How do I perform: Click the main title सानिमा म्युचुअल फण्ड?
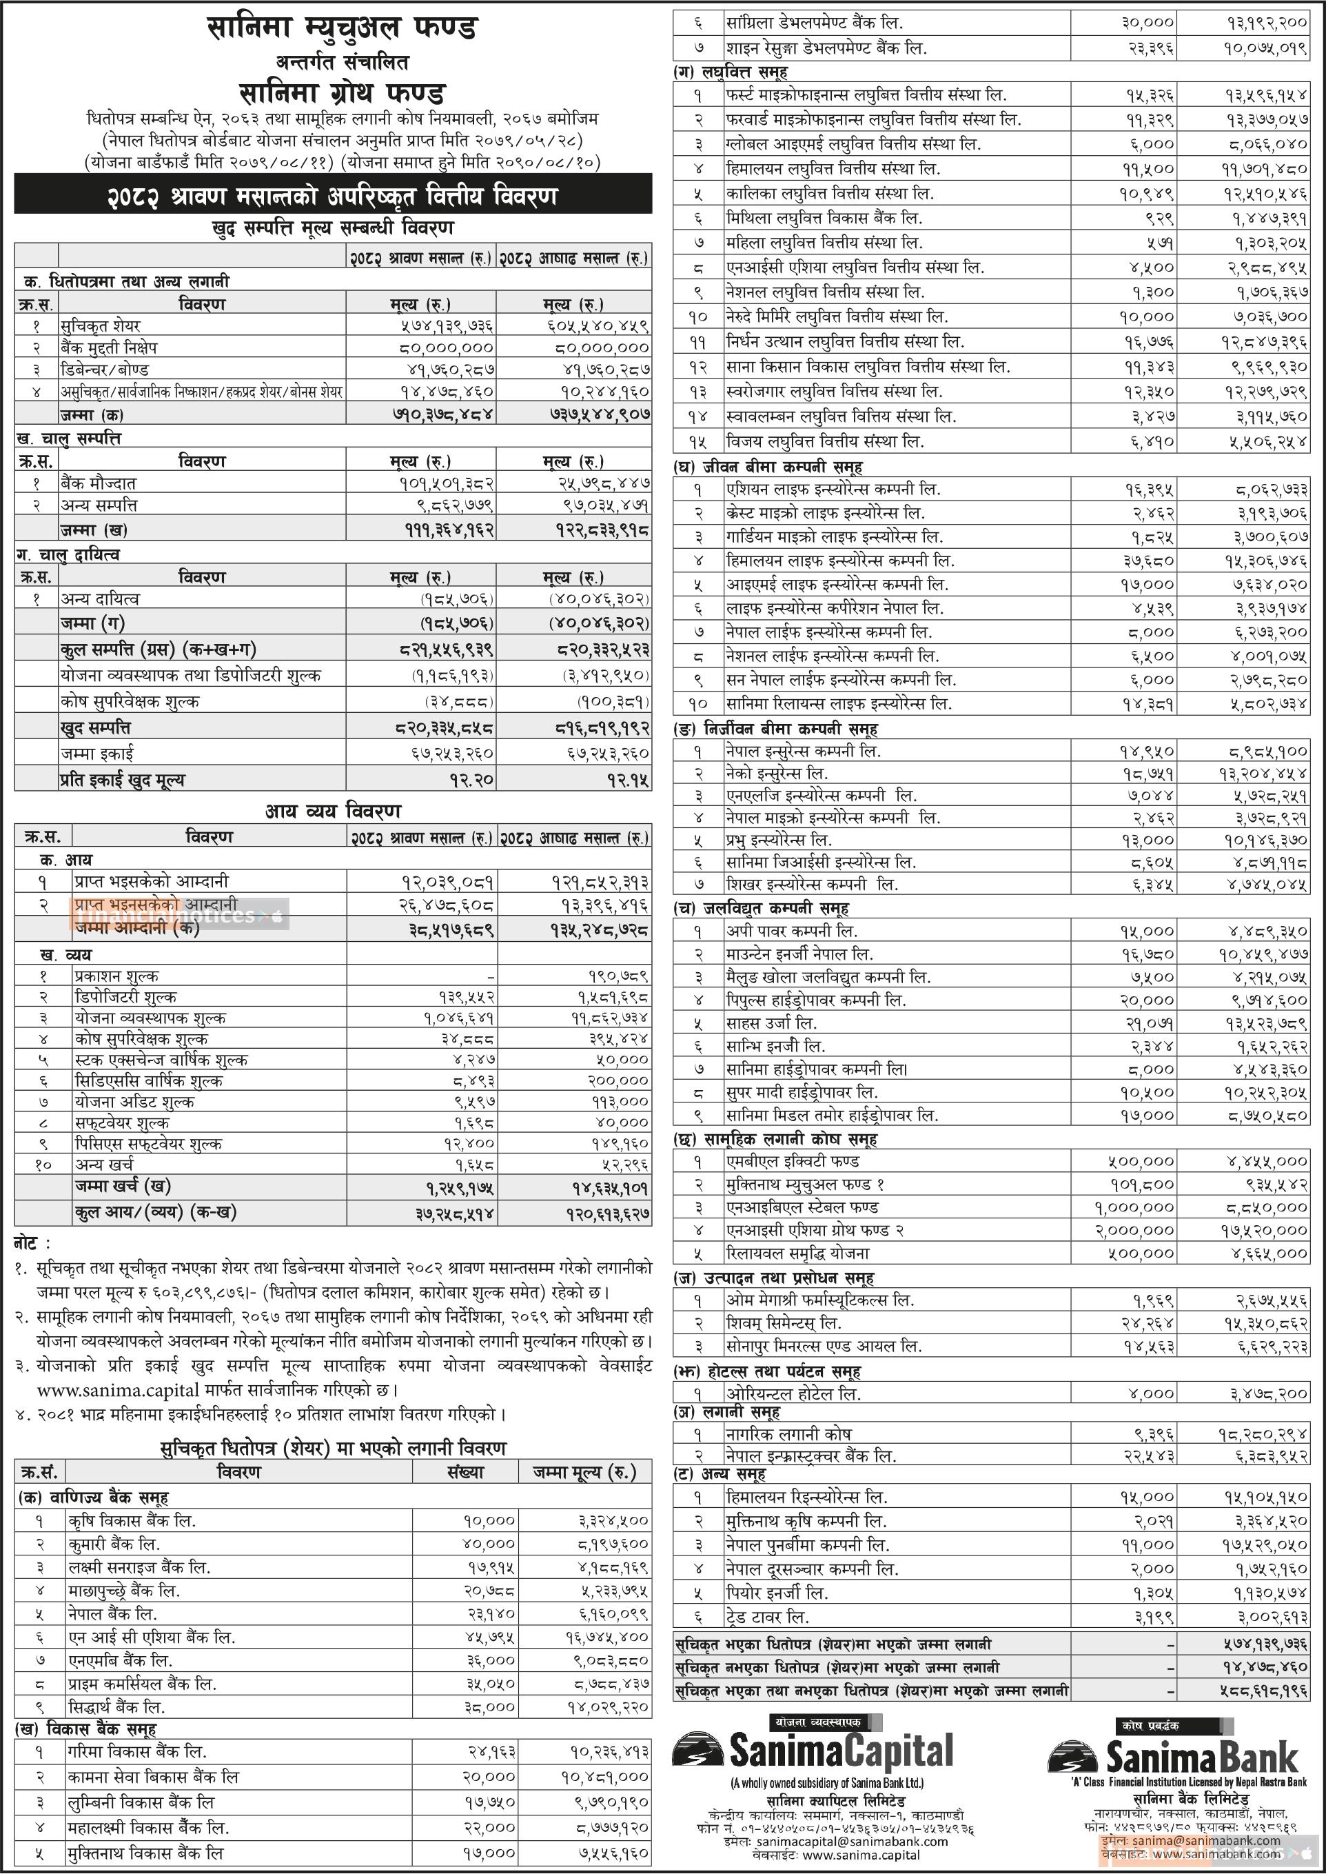tap(341, 30)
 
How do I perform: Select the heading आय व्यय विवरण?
tap(332, 812)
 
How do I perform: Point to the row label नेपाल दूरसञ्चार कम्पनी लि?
tap(813, 1569)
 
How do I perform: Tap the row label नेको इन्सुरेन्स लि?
tap(777, 773)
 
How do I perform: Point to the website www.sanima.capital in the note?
tap(118, 1389)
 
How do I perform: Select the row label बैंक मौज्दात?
tap(98, 483)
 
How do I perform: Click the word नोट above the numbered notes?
tap(31, 1243)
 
